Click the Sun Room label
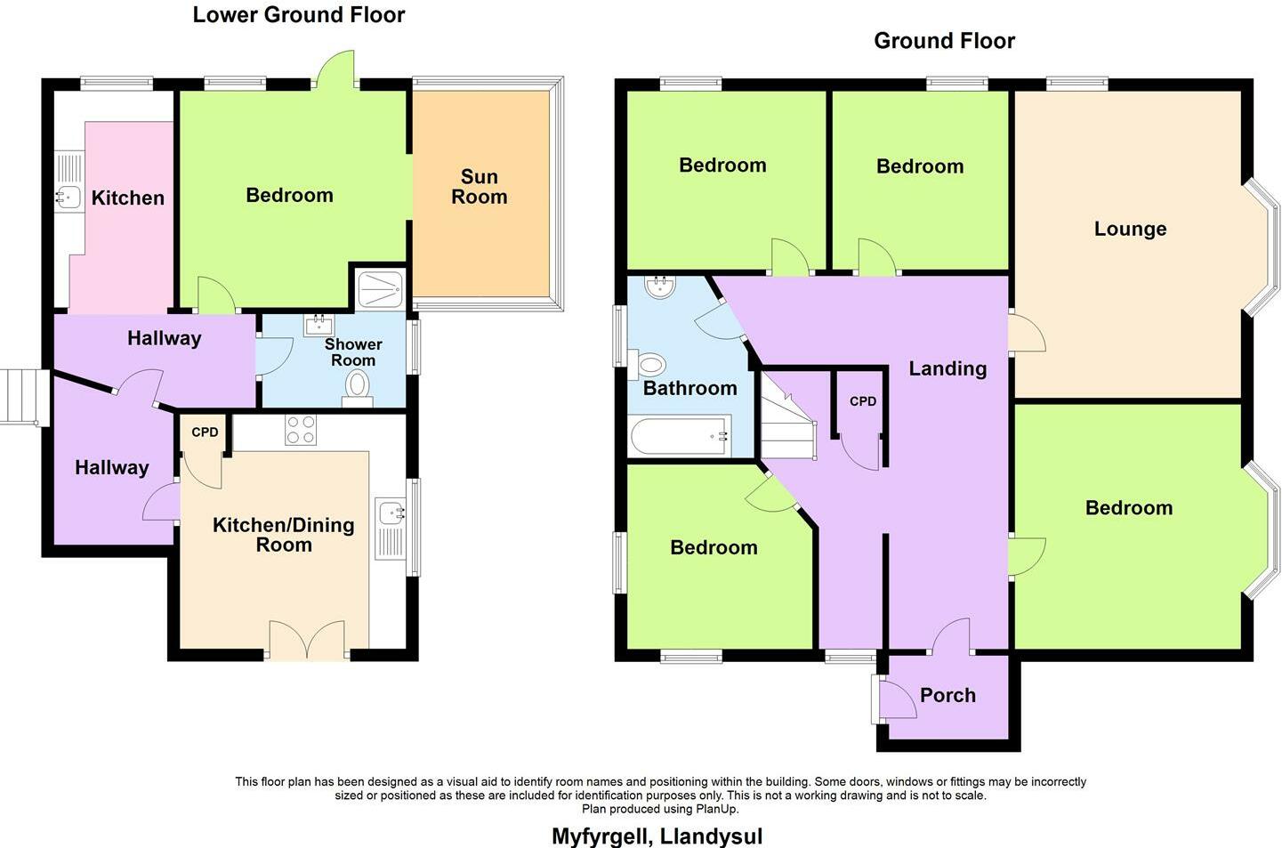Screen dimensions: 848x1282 point(479,187)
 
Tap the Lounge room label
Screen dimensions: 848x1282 point(1130,229)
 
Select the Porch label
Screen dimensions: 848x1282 point(947,695)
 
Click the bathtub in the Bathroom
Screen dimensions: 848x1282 point(680,436)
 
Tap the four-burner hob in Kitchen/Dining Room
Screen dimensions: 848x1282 point(300,431)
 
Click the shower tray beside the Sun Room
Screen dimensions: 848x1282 point(380,289)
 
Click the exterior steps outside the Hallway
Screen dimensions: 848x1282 point(20,396)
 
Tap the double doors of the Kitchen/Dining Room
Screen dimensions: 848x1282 point(306,641)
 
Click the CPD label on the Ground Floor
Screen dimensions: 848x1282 point(862,401)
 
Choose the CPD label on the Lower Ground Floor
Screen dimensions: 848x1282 point(205,432)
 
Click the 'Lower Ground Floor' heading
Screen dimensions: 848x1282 point(299,15)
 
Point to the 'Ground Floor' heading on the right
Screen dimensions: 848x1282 point(944,41)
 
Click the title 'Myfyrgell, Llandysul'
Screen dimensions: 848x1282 point(657,836)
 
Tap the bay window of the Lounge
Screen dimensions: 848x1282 point(1262,247)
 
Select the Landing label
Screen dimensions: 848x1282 point(947,368)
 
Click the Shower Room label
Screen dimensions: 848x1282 point(353,352)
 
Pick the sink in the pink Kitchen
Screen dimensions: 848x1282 point(68,196)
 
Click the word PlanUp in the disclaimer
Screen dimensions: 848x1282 point(717,809)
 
